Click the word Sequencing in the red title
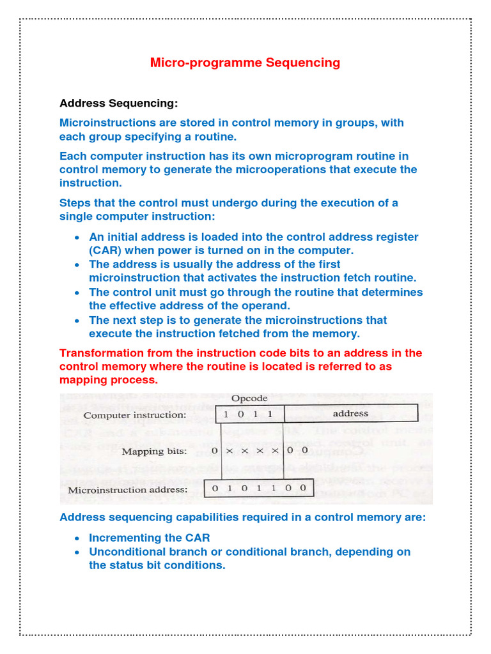[303, 63]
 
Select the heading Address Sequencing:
[119, 103]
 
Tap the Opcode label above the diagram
[249, 399]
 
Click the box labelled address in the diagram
[350, 414]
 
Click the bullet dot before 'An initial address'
[77, 237]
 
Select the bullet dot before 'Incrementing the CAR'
[77, 538]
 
